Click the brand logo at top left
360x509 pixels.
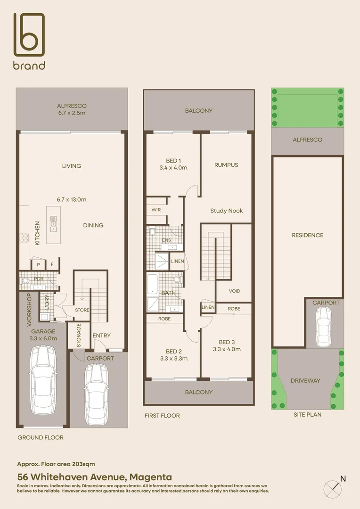(29, 41)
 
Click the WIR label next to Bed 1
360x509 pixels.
(156, 210)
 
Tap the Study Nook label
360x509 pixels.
(226, 211)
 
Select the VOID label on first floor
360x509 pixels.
(234, 291)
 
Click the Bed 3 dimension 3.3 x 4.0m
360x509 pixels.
(227, 349)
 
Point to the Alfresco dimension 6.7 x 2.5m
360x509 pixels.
(72, 113)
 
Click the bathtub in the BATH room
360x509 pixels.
(153, 284)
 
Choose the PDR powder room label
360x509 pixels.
(38, 279)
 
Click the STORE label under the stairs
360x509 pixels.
(82, 310)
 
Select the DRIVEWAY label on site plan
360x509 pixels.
(305, 380)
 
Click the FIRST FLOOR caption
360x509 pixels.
(162, 416)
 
